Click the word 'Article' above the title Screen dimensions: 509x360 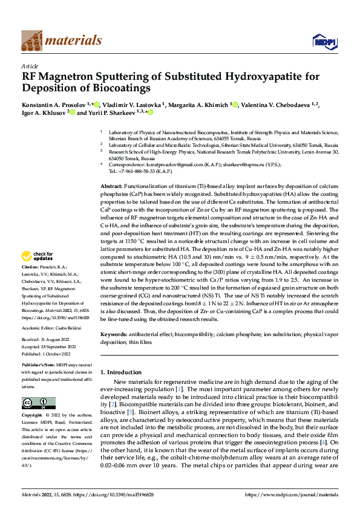coord(30,66)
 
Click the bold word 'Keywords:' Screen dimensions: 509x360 coord(113,334)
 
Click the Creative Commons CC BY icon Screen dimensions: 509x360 coord(39,403)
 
